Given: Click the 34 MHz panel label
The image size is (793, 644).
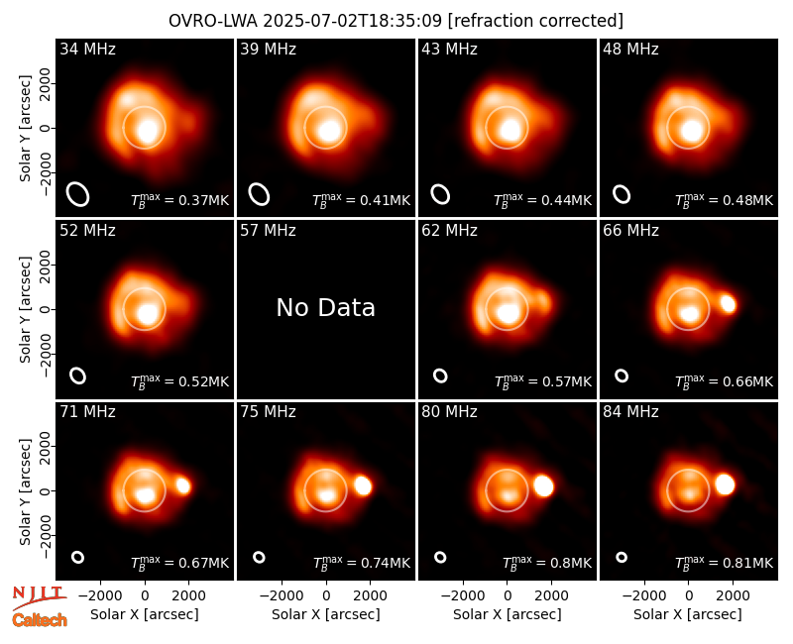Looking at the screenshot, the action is (x=87, y=49).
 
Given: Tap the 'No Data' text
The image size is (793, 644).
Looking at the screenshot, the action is (x=326, y=307).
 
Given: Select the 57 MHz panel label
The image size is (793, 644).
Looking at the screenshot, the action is (x=268, y=231).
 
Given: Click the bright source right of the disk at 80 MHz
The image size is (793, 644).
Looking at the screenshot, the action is (x=543, y=486).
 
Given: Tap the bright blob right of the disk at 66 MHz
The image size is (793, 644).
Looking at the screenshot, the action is (x=728, y=304).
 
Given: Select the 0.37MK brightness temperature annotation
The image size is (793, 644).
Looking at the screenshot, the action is (x=180, y=200).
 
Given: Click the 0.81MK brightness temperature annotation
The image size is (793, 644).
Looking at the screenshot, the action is (x=725, y=562).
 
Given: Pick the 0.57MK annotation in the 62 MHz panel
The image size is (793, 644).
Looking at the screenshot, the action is (x=542, y=381).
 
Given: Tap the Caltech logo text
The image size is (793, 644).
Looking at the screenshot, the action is (x=40, y=620).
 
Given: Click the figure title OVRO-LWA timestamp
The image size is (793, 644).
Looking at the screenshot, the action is (x=396, y=21).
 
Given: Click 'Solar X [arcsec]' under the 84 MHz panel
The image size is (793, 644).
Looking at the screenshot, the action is (x=688, y=614).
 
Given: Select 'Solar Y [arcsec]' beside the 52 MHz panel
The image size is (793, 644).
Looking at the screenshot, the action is (x=25, y=309).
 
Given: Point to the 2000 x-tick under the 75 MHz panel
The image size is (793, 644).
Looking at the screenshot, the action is (x=370, y=595).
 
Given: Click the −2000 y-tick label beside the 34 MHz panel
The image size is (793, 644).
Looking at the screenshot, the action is (x=46, y=173).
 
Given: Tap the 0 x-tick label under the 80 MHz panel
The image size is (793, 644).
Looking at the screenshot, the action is (x=508, y=595).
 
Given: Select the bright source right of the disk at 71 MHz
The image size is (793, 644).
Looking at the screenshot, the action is (x=183, y=485).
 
